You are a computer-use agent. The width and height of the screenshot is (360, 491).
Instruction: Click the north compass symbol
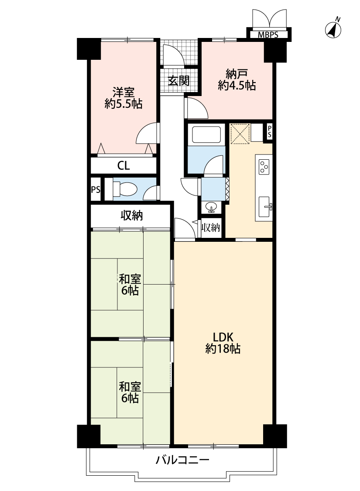(x=333, y=28)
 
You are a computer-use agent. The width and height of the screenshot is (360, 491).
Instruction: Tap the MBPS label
(x=268, y=35)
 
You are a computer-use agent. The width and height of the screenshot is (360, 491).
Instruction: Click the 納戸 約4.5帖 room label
(x=237, y=80)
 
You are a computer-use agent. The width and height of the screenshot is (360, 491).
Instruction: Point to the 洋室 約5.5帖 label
(x=123, y=98)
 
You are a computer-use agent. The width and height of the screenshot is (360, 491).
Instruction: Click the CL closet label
(x=123, y=165)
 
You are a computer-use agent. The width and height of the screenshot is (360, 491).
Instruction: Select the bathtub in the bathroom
(x=206, y=135)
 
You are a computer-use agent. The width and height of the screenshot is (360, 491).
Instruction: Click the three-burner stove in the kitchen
(x=264, y=167)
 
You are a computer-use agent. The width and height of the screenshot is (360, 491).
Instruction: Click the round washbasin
(x=211, y=207)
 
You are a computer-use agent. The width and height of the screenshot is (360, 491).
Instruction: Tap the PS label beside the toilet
(x=96, y=189)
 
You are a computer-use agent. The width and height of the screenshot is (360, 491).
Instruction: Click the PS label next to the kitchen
(x=269, y=132)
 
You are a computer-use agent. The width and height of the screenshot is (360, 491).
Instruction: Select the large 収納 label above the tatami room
(x=132, y=216)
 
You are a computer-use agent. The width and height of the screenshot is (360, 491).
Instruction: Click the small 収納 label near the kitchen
(x=211, y=227)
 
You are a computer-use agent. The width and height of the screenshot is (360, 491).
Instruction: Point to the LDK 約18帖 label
(x=223, y=343)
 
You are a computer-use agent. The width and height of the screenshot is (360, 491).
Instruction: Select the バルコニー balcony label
(x=182, y=460)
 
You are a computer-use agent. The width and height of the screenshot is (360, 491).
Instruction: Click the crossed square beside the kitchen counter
(x=240, y=134)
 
